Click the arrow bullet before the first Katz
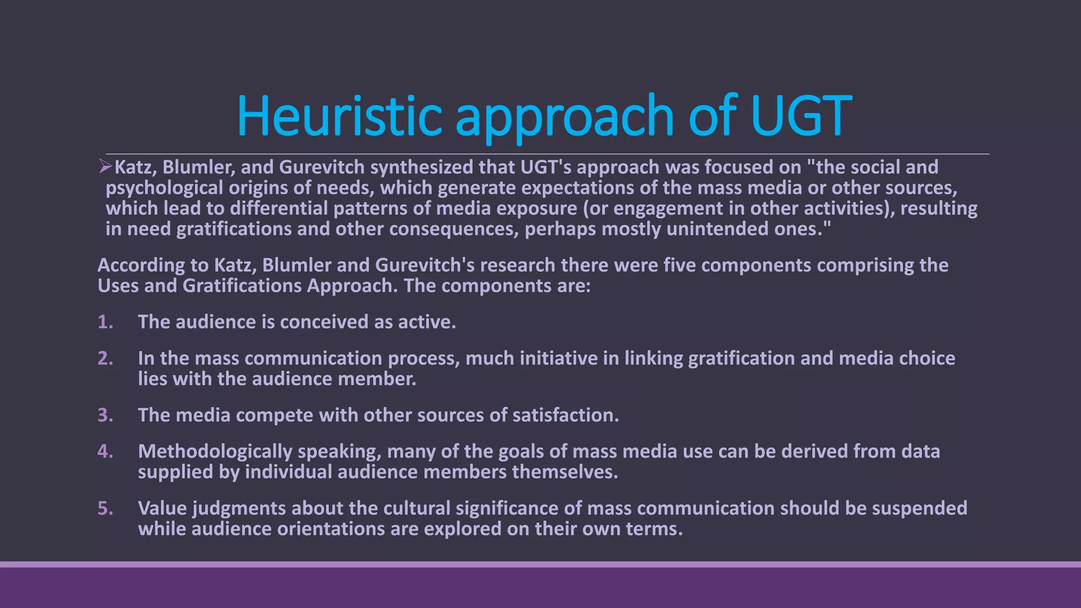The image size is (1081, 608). pyautogui.click(x=105, y=167)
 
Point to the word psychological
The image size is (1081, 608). pyautogui.click(x=164, y=188)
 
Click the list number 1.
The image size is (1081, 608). pyautogui.click(x=105, y=322)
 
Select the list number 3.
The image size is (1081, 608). pyautogui.click(x=105, y=415)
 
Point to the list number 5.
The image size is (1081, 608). pyautogui.click(x=105, y=508)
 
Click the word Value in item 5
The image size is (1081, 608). pyautogui.click(x=162, y=508)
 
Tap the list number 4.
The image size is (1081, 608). pyautogui.click(x=105, y=452)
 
